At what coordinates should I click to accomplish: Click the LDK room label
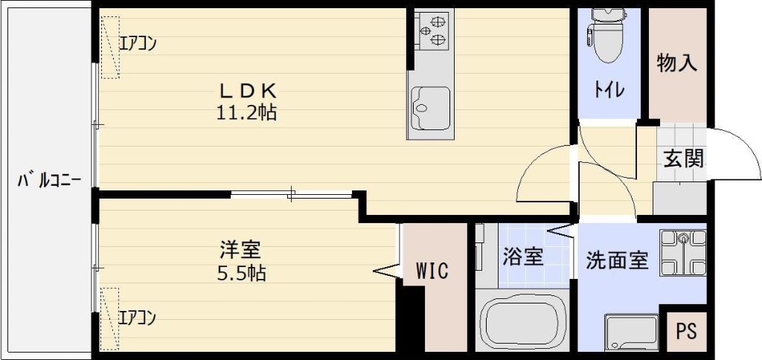(247, 91)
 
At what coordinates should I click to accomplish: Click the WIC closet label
(432, 271)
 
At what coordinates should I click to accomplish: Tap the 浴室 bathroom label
(522, 257)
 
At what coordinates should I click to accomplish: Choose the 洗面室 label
(617, 261)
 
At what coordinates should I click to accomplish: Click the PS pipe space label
(686, 331)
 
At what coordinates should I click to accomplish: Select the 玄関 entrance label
(683, 158)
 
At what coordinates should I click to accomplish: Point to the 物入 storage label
(676, 64)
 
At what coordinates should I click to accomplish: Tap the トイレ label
(609, 91)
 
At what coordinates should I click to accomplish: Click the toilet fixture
(609, 37)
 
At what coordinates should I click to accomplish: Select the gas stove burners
(432, 30)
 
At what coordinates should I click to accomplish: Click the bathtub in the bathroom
(521, 322)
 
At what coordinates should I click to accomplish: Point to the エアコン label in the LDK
(138, 43)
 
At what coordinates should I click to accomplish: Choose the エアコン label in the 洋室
(138, 318)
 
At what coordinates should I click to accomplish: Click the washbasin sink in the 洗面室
(632, 332)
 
